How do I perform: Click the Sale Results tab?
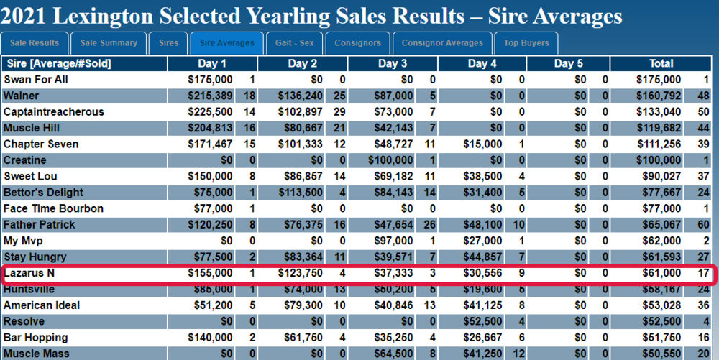click(x=35, y=43)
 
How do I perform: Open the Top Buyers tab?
click(x=526, y=43)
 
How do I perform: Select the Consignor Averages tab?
click(x=442, y=43)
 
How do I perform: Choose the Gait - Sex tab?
click(x=294, y=43)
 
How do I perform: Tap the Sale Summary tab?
click(x=109, y=43)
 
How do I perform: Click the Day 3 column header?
click(x=392, y=64)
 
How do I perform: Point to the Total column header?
click(x=661, y=64)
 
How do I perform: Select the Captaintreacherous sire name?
click(x=54, y=112)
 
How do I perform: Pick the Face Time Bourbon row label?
click(x=53, y=208)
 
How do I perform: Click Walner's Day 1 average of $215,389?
click(x=210, y=96)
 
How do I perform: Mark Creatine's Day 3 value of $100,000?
click(x=390, y=160)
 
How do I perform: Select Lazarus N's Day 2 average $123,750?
click(x=300, y=273)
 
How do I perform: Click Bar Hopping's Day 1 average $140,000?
click(x=210, y=338)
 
